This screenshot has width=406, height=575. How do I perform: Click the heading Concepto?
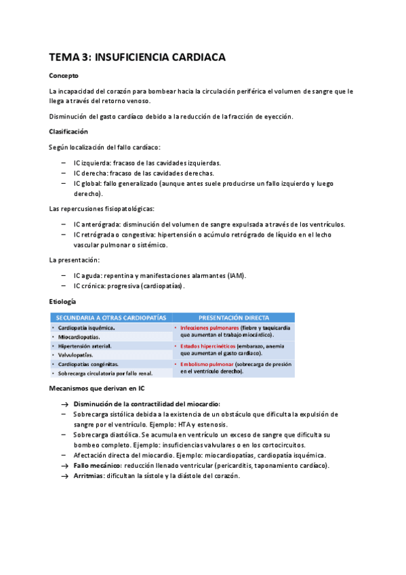(x=64, y=76)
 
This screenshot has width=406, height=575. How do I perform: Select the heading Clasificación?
(x=68, y=131)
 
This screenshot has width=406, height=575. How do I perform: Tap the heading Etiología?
(x=62, y=301)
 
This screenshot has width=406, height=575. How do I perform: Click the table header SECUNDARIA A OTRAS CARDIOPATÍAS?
(x=111, y=317)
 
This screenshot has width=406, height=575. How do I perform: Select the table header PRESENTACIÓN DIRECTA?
(x=233, y=317)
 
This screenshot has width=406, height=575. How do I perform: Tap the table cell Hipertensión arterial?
(x=84, y=346)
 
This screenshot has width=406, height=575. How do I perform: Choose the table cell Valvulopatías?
(x=80, y=355)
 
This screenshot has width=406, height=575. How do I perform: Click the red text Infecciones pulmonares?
(x=205, y=328)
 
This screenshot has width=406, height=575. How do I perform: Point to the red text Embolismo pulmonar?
(x=203, y=364)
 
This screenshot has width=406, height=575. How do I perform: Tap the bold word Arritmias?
(x=89, y=476)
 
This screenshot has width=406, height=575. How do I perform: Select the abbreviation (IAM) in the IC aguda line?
(x=236, y=276)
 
